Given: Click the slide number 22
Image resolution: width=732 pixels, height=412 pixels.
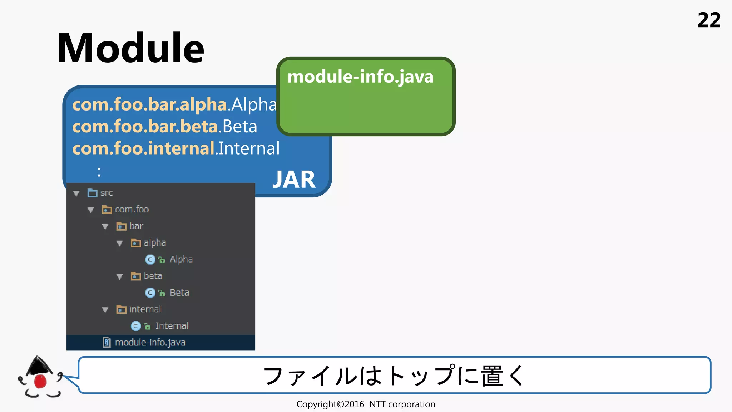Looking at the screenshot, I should point(709,20).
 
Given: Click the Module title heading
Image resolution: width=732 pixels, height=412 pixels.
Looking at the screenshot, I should point(130,48).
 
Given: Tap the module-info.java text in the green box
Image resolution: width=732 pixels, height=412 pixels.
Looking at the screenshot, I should point(360,77).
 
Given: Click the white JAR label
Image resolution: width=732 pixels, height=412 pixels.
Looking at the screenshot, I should point(294,180).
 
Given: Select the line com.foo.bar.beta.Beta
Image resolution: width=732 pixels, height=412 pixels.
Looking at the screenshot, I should point(164,127).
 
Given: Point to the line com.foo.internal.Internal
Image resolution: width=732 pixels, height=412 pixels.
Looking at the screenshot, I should point(175,148).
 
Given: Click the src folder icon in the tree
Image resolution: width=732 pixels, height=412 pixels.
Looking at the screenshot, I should point(92,193).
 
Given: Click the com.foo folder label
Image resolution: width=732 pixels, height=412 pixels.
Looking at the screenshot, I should point(132,210).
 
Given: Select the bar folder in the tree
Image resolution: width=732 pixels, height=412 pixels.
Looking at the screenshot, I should point(136,226).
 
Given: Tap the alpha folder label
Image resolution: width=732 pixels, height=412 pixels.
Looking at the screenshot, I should point(154,243).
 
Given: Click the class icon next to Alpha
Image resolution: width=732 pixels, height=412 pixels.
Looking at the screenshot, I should point(150,260).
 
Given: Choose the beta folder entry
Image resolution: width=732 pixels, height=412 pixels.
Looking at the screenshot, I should point(153,276).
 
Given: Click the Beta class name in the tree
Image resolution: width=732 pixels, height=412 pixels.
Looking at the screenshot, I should point(179,293).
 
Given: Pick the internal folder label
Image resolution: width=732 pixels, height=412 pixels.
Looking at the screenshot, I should point(145,309).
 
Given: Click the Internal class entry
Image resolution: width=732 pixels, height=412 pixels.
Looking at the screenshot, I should point(172,326).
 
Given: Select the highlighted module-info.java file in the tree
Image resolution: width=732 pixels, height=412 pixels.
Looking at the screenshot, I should point(150,343).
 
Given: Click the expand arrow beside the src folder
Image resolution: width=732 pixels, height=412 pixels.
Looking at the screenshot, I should point(76,193).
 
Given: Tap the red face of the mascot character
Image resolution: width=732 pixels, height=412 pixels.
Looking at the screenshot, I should point(40,381).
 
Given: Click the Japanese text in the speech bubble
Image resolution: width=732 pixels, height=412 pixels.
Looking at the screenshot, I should point(394,376).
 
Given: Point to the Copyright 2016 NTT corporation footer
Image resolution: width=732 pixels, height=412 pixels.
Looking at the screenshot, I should point(366,404).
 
